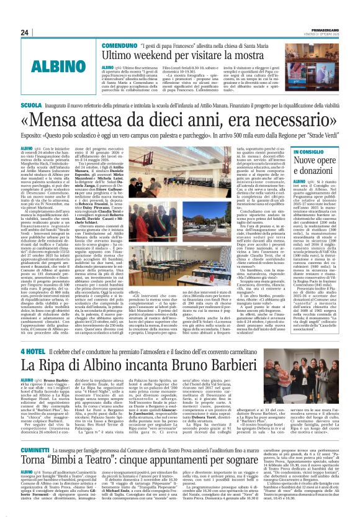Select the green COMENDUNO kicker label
119,46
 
